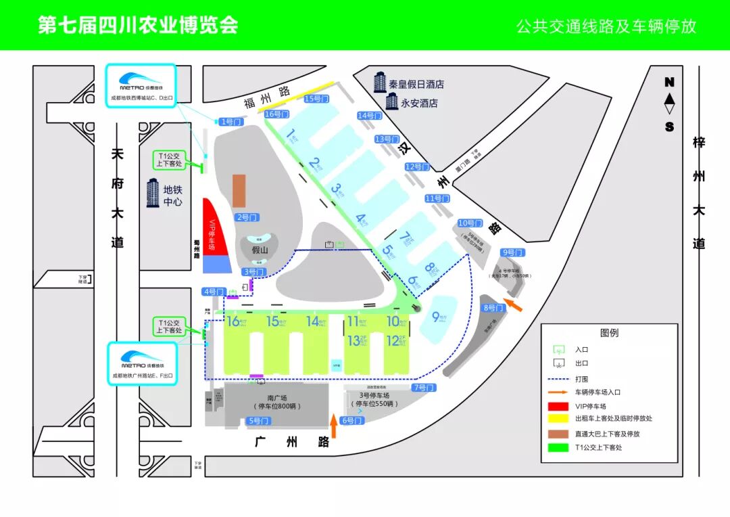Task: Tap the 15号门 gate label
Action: tap(316, 99)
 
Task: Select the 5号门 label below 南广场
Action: tap(259, 421)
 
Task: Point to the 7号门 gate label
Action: tap(424, 388)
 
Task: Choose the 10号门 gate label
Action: tap(470, 223)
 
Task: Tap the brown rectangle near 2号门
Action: tap(239, 191)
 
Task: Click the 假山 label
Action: tap(260, 250)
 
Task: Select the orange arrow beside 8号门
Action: tap(513, 306)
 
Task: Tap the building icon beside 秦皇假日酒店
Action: tap(380, 83)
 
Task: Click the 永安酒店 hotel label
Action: tap(419, 104)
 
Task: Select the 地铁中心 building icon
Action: tap(153, 194)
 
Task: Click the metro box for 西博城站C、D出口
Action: tap(141, 85)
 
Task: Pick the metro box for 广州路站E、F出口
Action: tap(142, 363)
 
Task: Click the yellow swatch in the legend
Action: tap(559, 418)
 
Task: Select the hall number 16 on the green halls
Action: tap(233, 321)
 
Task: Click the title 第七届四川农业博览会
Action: tap(138, 25)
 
